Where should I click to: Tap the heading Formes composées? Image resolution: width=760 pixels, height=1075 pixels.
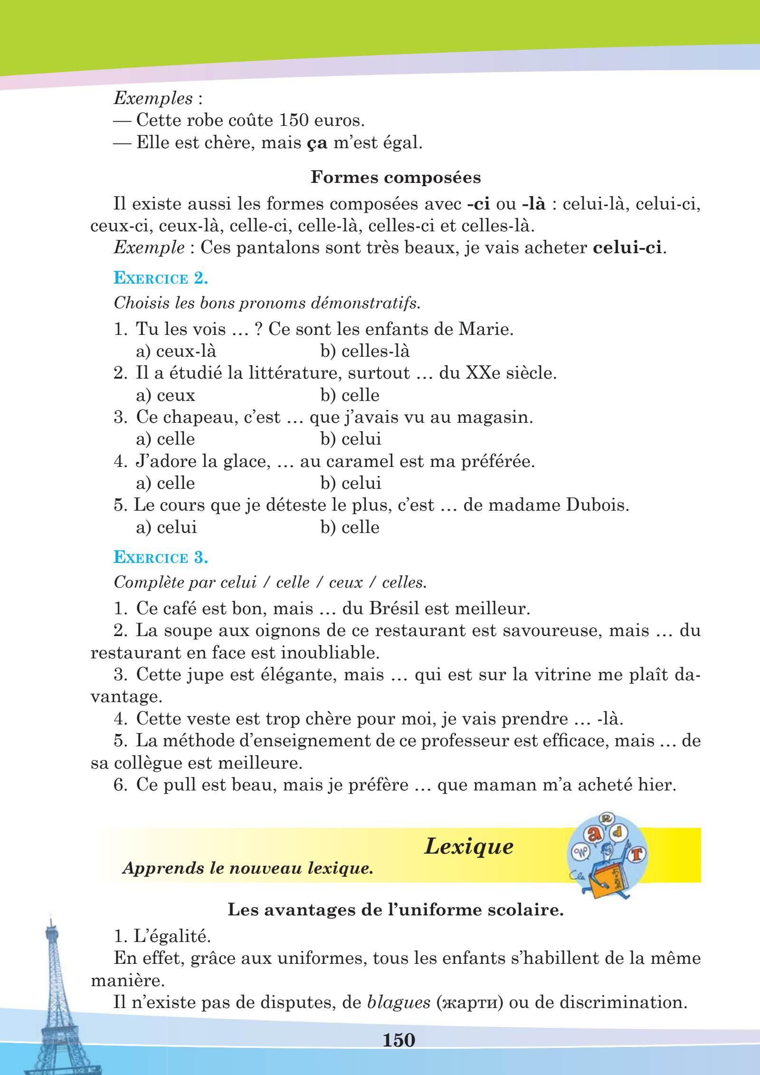395,178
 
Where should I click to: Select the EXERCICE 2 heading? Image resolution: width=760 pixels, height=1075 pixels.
161,278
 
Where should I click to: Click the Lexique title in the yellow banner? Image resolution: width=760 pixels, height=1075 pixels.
468,847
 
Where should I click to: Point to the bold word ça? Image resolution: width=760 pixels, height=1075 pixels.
317,143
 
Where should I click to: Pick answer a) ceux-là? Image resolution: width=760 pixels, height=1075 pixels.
176,351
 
